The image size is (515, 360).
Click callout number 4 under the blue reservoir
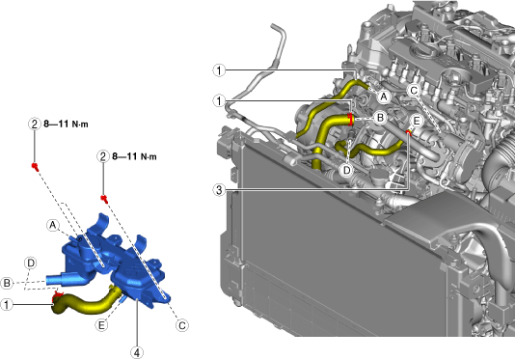(137, 353)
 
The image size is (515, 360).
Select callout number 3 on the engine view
(219, 190)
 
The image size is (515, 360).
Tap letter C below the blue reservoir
(182, 325)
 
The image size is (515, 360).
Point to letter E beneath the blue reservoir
(101, 325)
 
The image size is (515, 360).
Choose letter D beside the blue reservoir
(31, 263)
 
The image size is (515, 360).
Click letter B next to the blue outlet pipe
(7, 283)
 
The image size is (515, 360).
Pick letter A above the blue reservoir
(52, 225)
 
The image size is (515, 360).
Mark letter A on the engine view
(383, 97)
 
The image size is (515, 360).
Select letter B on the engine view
(380, 118)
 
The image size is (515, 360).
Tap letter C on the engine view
(414, 91)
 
